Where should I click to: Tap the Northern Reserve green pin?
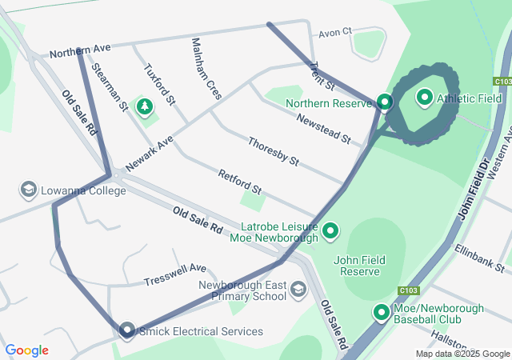coord(385,102)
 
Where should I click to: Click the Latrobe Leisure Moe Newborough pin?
coord(330,232)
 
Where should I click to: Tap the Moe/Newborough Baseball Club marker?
coord(382,313)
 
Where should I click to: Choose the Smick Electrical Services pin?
coord(126,330)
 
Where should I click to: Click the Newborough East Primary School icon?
coord(298,289)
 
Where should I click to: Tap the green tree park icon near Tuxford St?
coord(145,106)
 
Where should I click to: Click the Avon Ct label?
coord(335,33)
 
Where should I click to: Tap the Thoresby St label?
coord(273,151)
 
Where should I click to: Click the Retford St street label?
coord(240,182)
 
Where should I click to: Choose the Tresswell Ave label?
coord(175,274)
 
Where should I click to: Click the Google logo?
coord(27,350)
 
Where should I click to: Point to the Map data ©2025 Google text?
coord(461,354)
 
